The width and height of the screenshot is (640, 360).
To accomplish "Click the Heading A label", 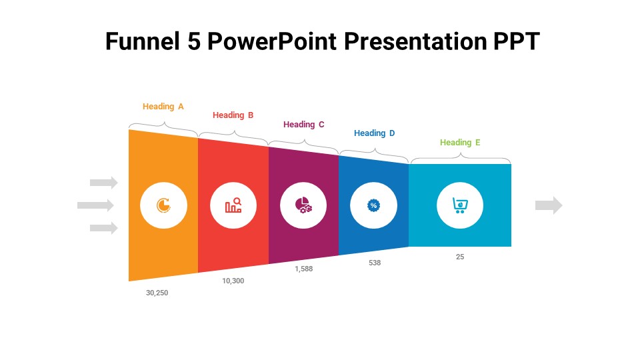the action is [163, 107].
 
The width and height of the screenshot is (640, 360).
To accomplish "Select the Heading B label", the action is [233, 115].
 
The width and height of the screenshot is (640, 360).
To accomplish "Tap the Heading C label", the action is [304, 125].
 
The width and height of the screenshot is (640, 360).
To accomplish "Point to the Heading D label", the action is [374, 133].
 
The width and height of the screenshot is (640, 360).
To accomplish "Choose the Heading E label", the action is [460, 143].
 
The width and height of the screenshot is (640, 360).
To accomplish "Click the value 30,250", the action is [157, 293].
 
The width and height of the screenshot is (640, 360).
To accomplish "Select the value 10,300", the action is [233, 281].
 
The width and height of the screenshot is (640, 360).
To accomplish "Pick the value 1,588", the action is [304, 269].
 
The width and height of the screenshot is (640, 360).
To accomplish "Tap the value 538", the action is [375, 263].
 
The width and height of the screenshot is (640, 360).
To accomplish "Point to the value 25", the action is [460, 257].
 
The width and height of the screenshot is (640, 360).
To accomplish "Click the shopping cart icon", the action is [460, 205].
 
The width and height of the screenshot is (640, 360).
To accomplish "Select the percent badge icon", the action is [373, 205].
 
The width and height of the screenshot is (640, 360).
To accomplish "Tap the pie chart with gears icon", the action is [303, 205].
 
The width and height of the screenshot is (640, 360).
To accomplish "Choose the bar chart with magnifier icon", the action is [233, 205].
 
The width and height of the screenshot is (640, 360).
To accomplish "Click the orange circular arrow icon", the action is [164, 205].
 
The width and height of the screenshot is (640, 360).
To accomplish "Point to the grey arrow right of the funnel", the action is [549, 205].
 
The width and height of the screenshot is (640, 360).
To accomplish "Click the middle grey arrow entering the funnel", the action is [95, 205].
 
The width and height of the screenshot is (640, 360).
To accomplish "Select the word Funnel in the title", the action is [143, 41].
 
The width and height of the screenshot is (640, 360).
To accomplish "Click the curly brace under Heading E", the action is [461, 157].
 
